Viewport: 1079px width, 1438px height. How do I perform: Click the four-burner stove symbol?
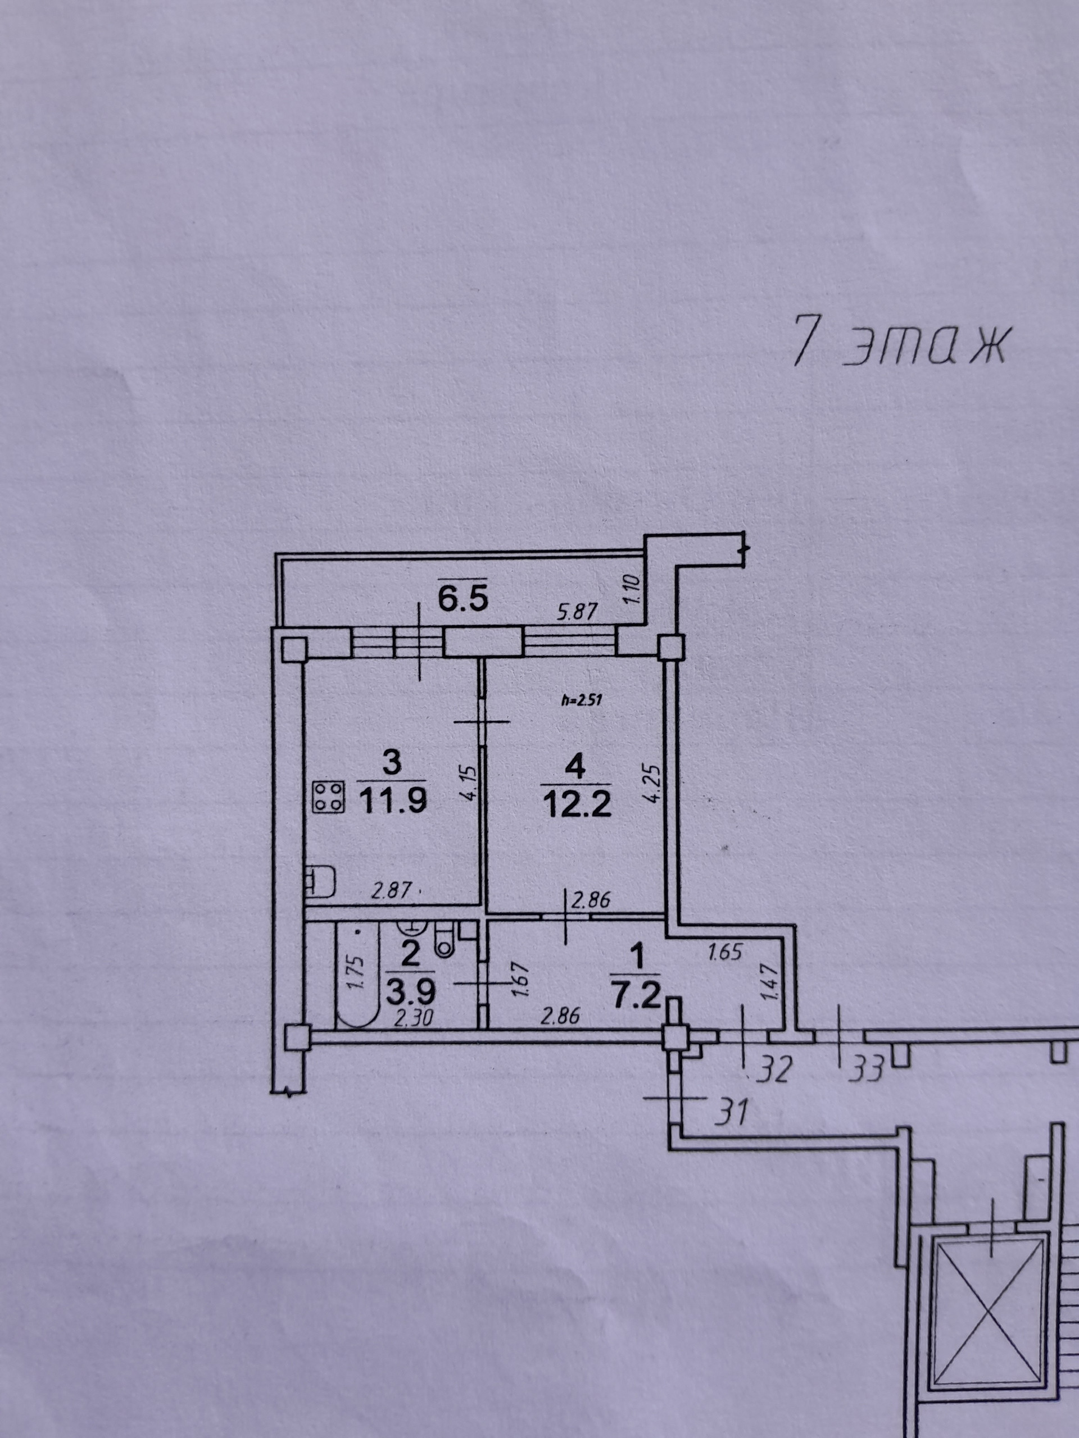pyautogui.click(x=328, y=797)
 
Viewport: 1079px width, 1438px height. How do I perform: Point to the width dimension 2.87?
pyautogui.click(x=392, y=889)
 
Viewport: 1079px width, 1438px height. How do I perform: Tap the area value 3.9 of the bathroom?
pyautogui.click(x=410, y=993)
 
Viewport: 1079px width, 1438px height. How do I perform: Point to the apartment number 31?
pyautogui.click(x=731, y=1112)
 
